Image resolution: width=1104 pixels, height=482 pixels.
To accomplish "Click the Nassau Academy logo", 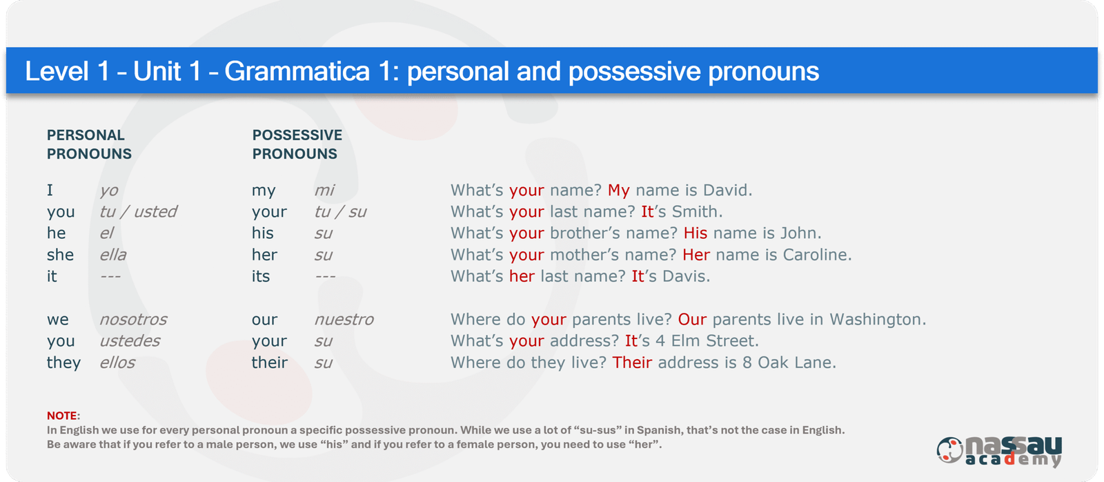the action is click(1000, 451).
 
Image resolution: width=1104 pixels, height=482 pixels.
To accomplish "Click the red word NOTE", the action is click(62, 416).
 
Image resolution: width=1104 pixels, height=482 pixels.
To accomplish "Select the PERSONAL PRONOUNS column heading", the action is click(89, 144).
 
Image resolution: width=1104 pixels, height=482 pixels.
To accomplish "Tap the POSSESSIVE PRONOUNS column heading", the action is click(297, 144).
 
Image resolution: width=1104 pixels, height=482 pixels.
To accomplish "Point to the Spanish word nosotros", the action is click(133, 319).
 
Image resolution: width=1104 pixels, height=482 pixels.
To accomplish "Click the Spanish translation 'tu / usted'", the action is click(138, 211).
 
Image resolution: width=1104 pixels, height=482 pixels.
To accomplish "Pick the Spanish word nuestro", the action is click(344, 319).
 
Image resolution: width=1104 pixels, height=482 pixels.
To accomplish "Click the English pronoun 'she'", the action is click(60, 255).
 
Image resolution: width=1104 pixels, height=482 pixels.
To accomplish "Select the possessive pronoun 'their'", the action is click(270, 362).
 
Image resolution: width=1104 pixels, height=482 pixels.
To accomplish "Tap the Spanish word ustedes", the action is click(130, 340).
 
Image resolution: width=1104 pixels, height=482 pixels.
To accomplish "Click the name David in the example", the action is click(727, 190).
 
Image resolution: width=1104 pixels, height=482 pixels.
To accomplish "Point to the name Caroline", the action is click(817, 255).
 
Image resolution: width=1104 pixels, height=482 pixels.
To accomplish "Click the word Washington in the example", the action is click(878, 319).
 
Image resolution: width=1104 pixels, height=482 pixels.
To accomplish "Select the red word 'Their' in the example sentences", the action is click(632, 362).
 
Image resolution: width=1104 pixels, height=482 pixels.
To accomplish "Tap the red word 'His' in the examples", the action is click(696, 233).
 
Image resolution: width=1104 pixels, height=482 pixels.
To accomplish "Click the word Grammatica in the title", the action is click(297, 72).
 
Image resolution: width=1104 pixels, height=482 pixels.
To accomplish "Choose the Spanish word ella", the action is click(113, 255).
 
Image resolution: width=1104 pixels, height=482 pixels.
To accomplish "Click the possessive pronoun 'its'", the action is click(261, 276).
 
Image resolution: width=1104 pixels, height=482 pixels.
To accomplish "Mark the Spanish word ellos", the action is click(117, 362).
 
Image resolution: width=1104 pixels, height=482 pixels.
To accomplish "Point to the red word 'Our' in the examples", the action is click(692, 319).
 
